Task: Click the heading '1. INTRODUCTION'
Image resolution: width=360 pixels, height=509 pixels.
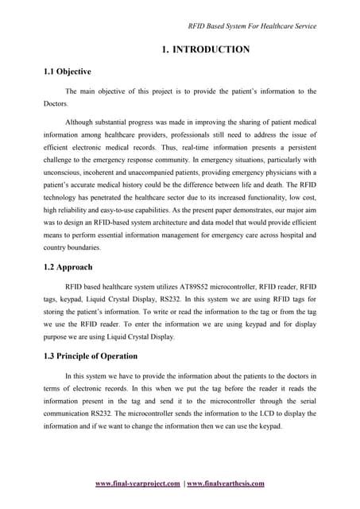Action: pyautogui.click(x=205, y=49)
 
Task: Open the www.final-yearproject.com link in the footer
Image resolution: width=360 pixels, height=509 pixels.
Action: pyautogui.click(x=137, y=483)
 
